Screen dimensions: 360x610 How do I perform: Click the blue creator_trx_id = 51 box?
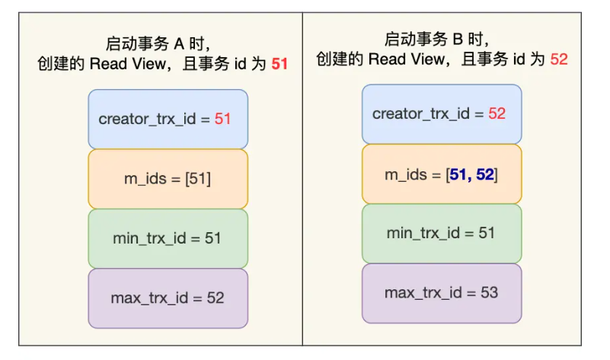(x=168, y=119)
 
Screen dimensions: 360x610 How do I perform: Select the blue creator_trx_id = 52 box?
(x=442, y=114)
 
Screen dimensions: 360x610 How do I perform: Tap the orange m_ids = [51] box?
(x=168, y=179)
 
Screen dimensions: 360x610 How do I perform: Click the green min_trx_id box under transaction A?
(x=168, y=238)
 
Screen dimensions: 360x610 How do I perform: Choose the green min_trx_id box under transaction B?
(x=442, y=233)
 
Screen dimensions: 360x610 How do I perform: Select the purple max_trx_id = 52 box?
(x=168, y=298)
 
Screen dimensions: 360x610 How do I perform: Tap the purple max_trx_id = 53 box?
(x=442, y=292)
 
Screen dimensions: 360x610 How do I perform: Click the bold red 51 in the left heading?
(x=279, y=64)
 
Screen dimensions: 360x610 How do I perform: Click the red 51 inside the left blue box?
(x=222, y=119)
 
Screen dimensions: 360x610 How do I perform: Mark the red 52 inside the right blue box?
(x=497, y=114)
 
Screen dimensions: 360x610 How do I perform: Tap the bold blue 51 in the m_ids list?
(x=459, y=174)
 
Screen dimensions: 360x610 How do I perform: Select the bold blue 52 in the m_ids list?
(x=485, y=174)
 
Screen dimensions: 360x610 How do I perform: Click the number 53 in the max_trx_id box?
(x=489, y=292)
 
